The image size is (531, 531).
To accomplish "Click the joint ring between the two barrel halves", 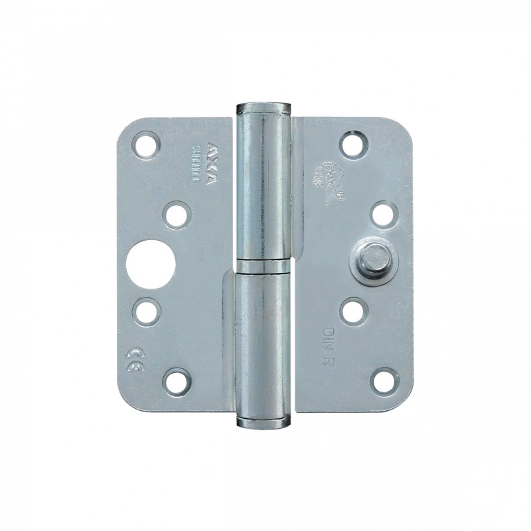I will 264,267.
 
